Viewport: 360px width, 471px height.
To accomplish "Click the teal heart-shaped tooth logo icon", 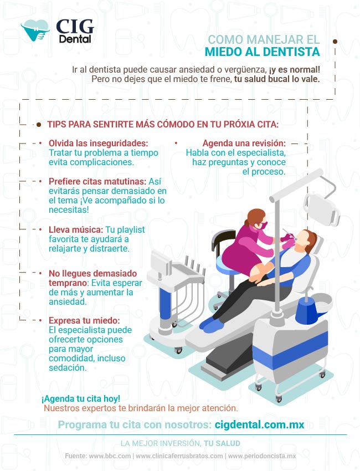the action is click(34, 30).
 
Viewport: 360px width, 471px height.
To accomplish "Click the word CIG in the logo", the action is click(75, 27).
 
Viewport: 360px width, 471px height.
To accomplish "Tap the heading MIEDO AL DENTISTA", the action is click(262, 52).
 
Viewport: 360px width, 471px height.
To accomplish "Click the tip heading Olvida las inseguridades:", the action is click(99, 143).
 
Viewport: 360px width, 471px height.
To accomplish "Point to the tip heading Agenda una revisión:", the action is click(244, 143).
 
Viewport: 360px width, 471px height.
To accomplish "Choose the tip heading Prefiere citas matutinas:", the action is click(97, 181).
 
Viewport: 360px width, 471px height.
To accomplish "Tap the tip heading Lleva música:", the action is click(76, 229).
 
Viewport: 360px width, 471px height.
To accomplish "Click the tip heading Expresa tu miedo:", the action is click(84, 320).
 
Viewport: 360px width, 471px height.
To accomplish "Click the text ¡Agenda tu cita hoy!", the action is click(81, 398).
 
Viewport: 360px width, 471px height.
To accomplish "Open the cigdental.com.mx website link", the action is click(259, 425).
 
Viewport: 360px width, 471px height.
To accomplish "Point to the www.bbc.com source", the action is click(110, 456).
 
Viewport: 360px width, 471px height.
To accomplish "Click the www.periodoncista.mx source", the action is click(262, 456).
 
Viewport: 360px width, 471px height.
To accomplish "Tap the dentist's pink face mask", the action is click(263, 225).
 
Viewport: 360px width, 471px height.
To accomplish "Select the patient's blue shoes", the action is click(212, 323).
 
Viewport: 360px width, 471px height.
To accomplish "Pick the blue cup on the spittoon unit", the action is click(309, 311).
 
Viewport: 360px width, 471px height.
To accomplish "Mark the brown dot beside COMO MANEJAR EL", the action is click(335, 42).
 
